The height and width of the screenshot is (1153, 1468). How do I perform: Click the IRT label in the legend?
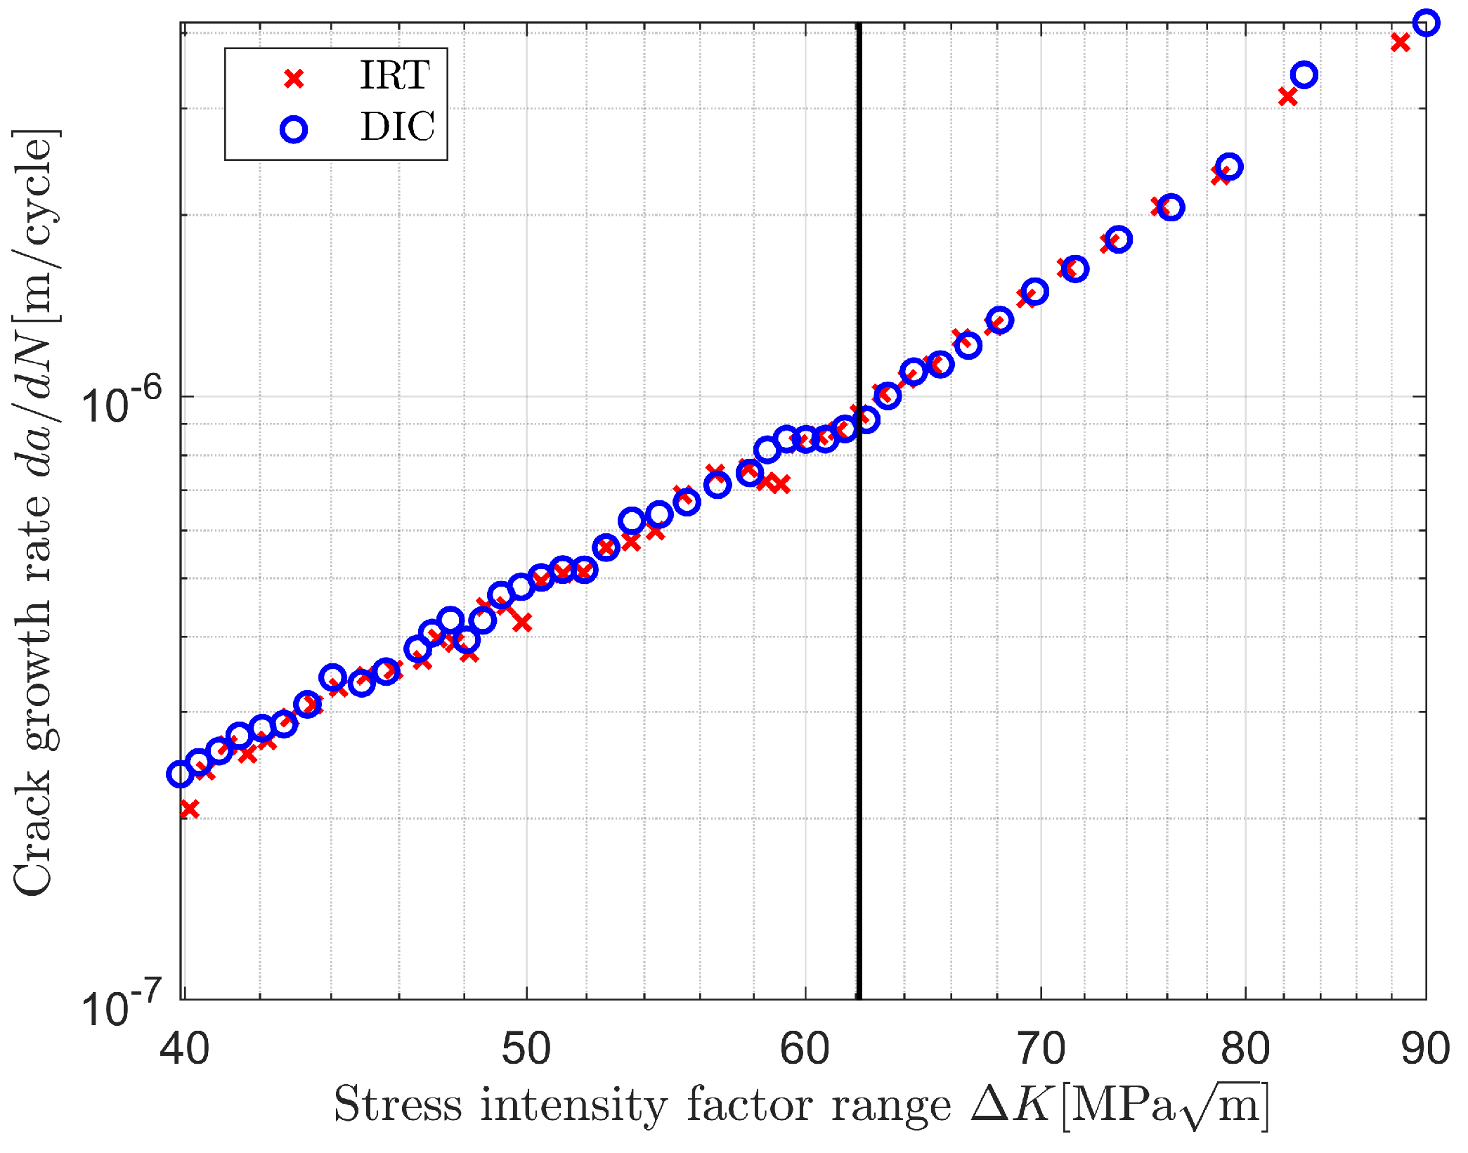coord(394,75)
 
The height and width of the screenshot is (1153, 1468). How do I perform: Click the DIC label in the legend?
coord(397,127)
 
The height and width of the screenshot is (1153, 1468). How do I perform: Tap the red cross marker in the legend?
coord(294,79)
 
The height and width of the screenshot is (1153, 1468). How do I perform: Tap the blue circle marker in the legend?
coord(294,129)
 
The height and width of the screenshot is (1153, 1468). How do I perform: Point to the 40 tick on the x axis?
coord(184,1050)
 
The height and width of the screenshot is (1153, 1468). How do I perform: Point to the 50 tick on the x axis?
coord(526,1050)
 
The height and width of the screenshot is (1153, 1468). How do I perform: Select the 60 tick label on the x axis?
coord(805,1050)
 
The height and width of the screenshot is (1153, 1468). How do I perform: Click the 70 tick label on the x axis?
coord(1041,1050)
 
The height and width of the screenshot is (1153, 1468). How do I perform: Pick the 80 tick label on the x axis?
coord(1245,1050)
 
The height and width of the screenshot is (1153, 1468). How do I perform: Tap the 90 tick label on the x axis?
coord(1425,1050)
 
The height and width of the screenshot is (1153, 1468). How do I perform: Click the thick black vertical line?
coord(859,632)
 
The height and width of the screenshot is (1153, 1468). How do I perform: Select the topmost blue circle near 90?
coord(1426,22)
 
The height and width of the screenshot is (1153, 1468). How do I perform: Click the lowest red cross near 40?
coord(189,809)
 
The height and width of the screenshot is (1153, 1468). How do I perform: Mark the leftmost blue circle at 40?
coord(181,774)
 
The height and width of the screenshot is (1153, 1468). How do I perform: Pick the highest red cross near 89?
coord(1400,42)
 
